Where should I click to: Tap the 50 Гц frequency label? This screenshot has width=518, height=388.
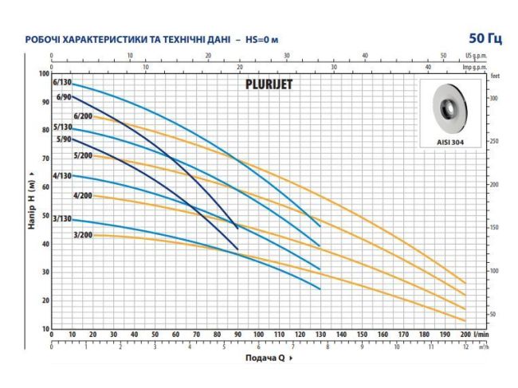pyautogui.click(x=485, y=38)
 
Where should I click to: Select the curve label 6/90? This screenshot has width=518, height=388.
pyautogui.click(x=64, y=97)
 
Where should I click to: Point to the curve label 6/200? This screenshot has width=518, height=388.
pyautogui.click(x=83, y=116)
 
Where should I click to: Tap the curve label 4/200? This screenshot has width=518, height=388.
pyautogui.click(x=83, y=195)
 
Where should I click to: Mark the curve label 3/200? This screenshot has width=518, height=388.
pyautogui.click(x=83, y=234)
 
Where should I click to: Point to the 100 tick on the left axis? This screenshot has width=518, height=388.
pyautogui.click(x=44, y=74)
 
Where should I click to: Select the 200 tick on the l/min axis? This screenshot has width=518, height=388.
pyautogui.click(x=465, y=335)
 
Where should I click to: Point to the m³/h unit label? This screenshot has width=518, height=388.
pyautogui.click(x=485, y=347)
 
